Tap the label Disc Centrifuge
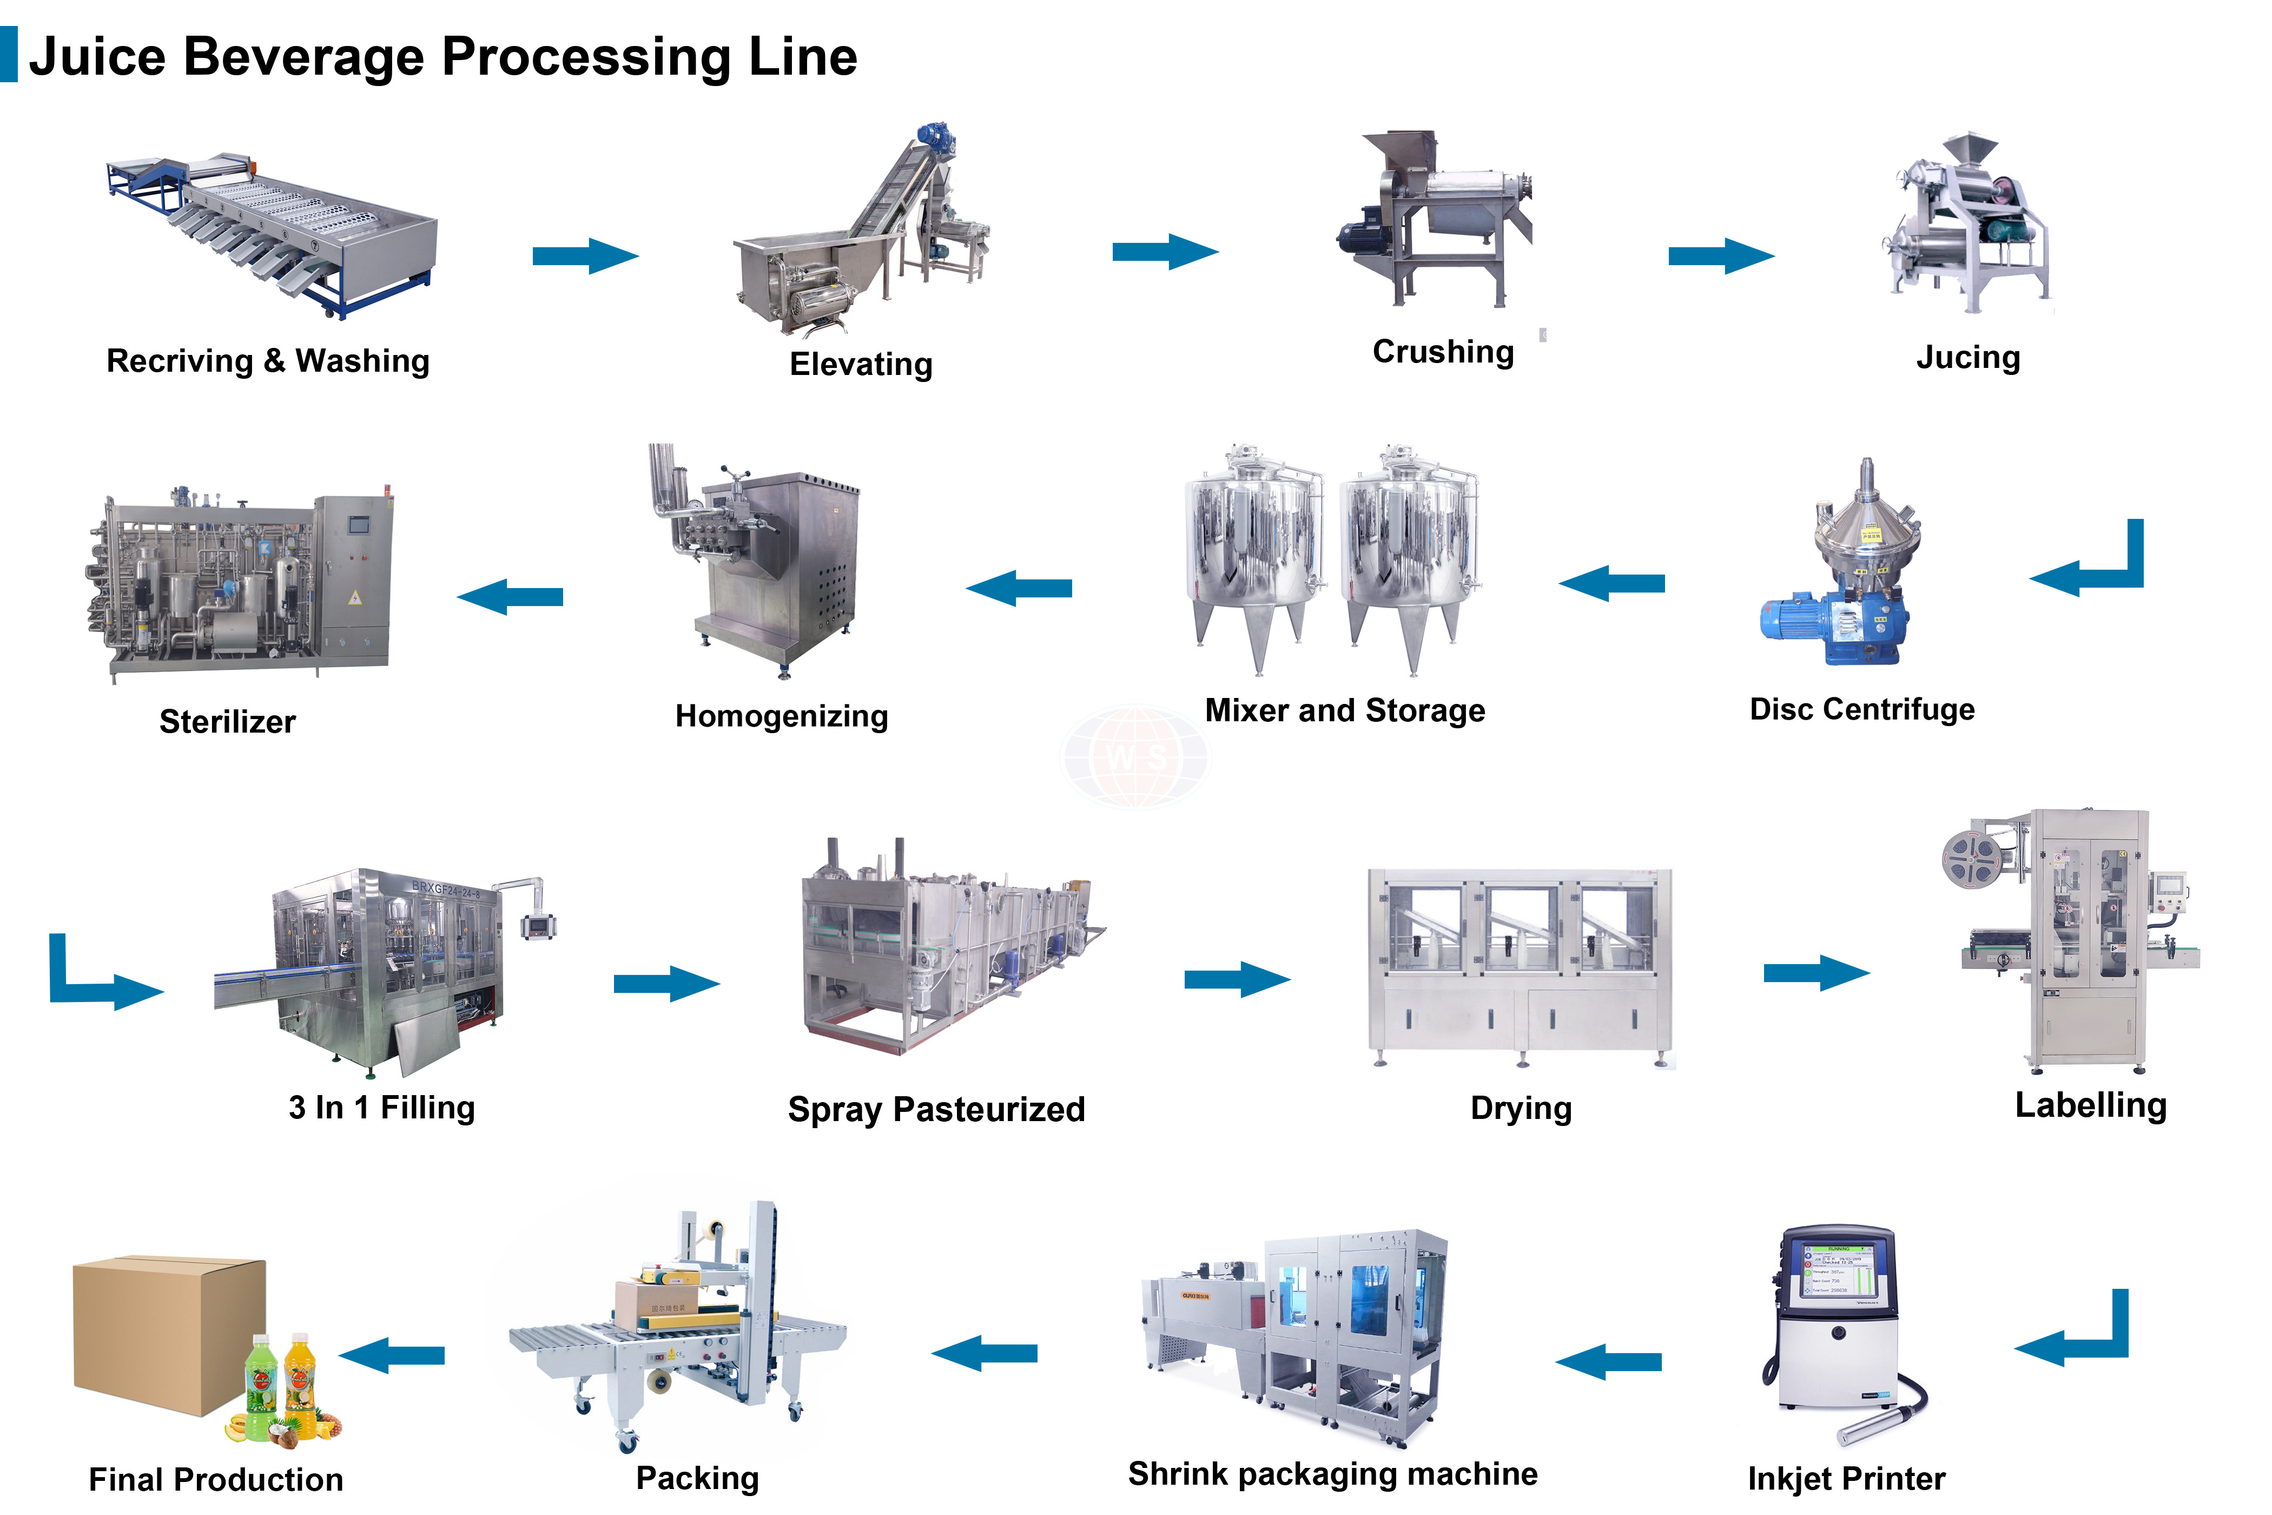1861,709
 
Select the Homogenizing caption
782,716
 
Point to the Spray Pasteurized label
936,1109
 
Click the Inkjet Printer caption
1846,1478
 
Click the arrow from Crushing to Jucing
1720,256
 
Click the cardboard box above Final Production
169,1333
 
